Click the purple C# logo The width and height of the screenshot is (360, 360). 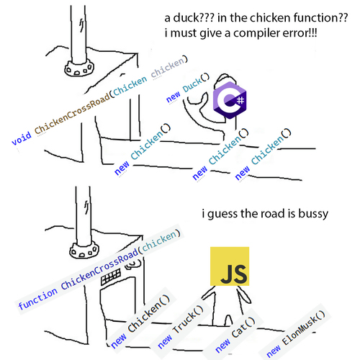pos(230,100)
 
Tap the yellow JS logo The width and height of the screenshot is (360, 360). pos(230,266)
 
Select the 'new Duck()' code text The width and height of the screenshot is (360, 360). pos(188,88)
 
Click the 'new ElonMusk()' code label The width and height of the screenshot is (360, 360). pos(296,333)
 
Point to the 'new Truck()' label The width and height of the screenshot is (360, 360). pos(181,326)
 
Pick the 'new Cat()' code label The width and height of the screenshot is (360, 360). pos(235,334)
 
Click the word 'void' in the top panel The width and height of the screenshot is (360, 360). pos(22,138)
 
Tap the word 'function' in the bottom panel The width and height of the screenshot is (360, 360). pos(38,298)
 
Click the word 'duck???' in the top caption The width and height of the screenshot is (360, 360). pos(194,18)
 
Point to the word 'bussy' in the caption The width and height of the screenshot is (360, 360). pos(313,214)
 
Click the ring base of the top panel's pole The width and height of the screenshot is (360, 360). pos(79,68)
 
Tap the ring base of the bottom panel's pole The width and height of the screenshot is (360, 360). pos(84,251)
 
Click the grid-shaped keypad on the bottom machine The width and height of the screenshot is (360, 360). pos(111,276)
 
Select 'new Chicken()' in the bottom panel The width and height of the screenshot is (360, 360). pos(140,321)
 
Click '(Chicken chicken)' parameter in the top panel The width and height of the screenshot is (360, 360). pos(149,75)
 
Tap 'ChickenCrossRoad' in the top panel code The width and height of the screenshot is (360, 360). pos(72,114)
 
